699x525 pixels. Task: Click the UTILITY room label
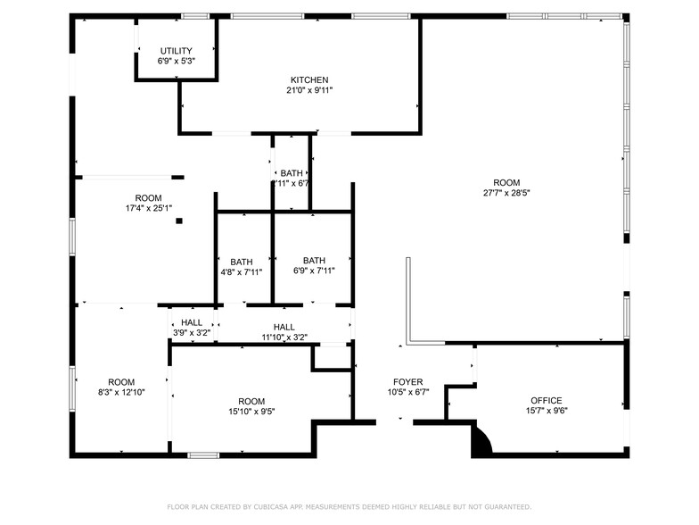(177, 50)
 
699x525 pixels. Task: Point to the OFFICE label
(547, 400)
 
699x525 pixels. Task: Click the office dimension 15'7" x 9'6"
(547, 411)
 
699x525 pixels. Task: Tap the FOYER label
(408, 381)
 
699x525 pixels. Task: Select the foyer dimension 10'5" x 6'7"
(408, 392)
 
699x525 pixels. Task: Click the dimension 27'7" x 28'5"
(507, 193)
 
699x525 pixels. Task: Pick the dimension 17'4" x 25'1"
(149, 208)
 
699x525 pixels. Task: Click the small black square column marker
(179, 221)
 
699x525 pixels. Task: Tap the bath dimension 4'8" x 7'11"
(242, 272)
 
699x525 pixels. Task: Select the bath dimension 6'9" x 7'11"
(314, 271)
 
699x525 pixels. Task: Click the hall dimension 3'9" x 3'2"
(192, 333)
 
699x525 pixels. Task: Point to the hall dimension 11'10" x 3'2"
(284, 337)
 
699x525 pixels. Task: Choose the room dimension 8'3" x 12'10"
(121, 392)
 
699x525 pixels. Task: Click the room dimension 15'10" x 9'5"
(251, 412)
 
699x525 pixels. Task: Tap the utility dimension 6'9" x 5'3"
(177, 61)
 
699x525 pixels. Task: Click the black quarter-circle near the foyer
(480, 442)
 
